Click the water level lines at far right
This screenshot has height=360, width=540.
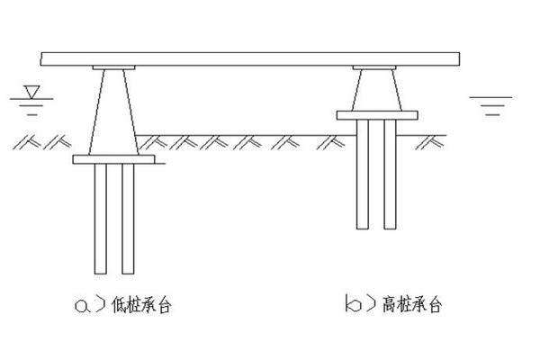click(x=490, y=102)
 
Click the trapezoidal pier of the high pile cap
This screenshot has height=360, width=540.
click(x=376, y=90)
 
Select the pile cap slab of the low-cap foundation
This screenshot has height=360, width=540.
click(x=114, y=159)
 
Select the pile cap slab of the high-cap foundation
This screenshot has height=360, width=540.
click(x=377, y=114)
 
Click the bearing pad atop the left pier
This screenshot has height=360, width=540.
click(x=113, y=67)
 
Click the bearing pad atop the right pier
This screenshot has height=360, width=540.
click(x=376, y=67)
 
